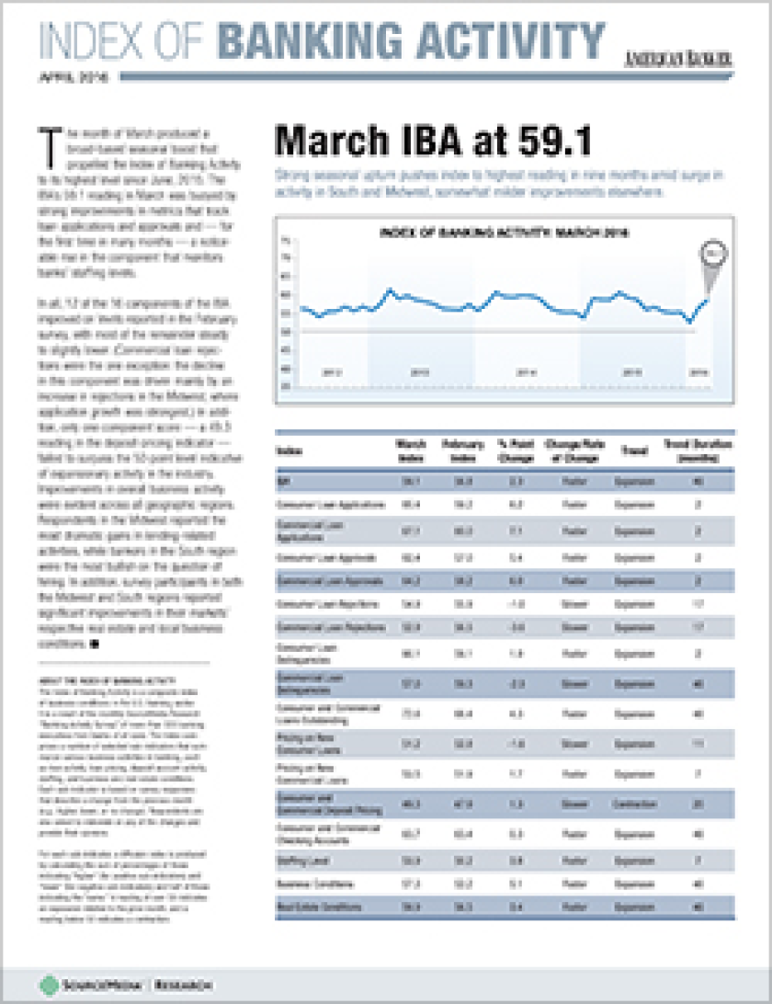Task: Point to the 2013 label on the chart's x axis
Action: coord(419,372)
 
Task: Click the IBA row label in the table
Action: coord(282,480)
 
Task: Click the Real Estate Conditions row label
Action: coord(316,907)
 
